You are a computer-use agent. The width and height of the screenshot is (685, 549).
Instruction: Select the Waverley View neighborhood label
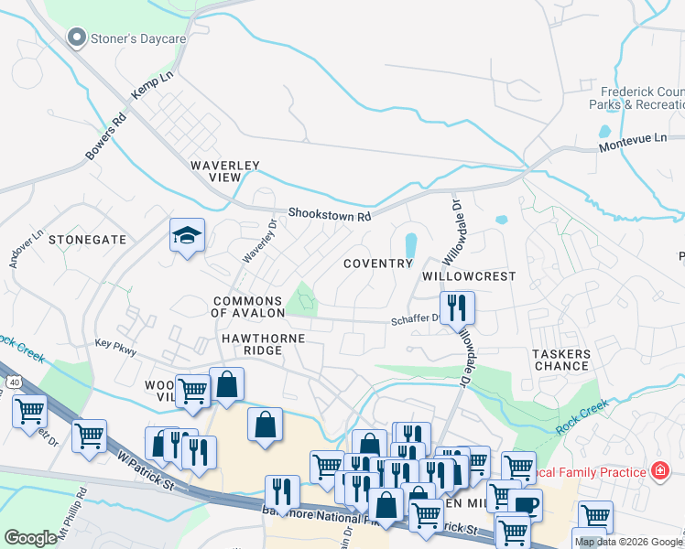225,171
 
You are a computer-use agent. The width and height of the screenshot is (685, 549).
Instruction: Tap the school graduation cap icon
187,236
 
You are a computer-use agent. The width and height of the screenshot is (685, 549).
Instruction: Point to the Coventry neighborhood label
378,264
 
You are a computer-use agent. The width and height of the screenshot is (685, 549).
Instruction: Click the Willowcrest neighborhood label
469,275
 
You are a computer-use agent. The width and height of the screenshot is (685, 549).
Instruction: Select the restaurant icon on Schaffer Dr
457,307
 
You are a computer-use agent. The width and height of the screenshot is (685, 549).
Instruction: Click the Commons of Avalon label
248,307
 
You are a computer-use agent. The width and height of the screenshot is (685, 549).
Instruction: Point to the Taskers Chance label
561,359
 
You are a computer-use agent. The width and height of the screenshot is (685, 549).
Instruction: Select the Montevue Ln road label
633,143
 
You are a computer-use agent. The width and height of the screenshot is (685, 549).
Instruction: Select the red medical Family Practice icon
659,471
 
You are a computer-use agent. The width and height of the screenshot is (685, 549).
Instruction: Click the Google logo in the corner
30,538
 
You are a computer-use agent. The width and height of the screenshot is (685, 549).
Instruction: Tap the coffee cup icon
526,504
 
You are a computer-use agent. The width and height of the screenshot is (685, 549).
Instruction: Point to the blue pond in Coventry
410,244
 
